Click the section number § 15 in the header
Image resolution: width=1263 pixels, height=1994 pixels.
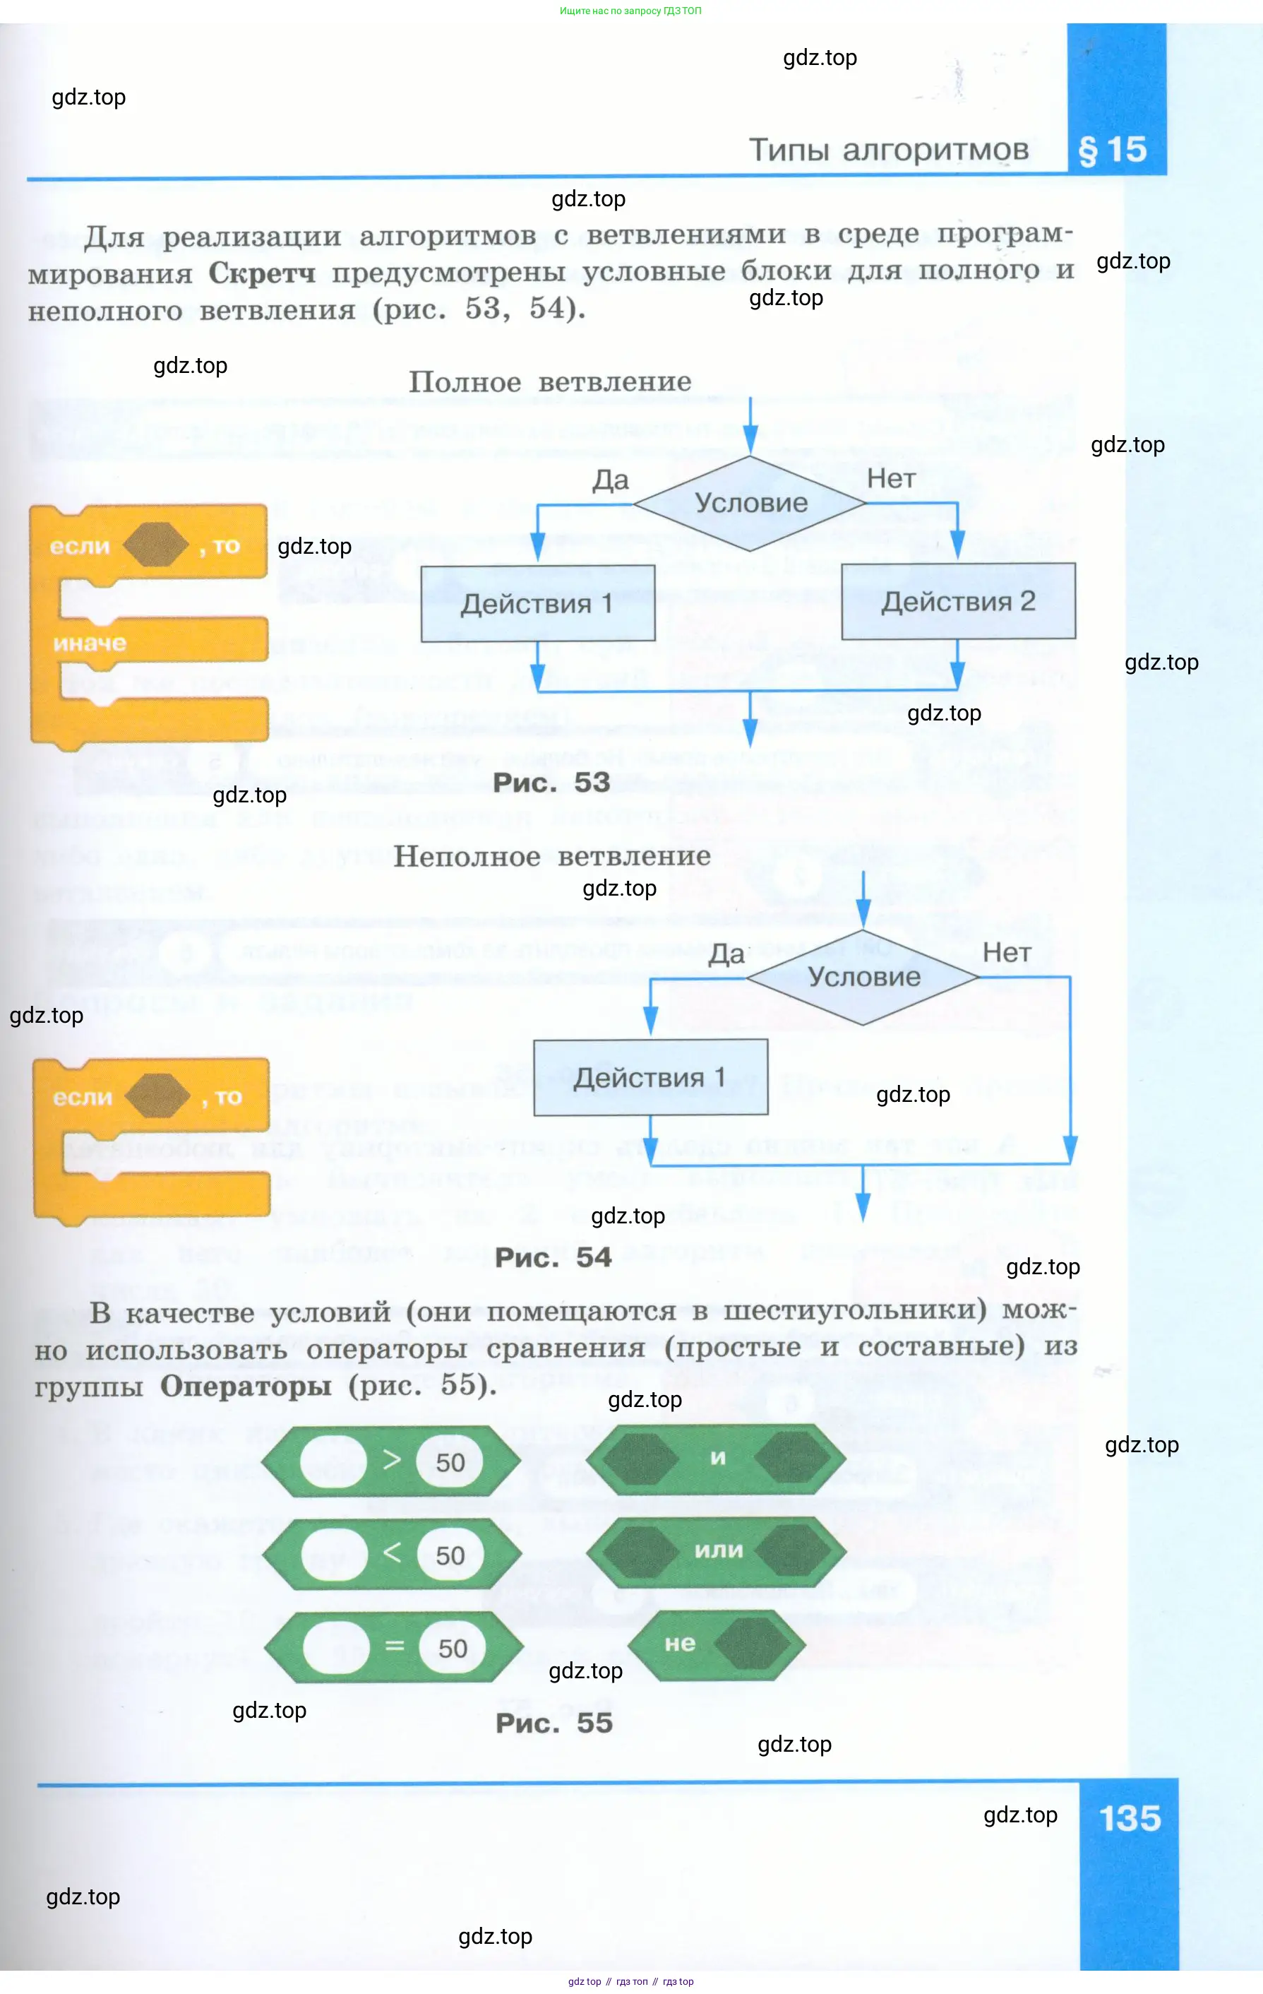pyautogui.click(x=1113, y=150)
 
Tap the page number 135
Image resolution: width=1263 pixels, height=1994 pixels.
pyautogui.click(x=1129, y=1817)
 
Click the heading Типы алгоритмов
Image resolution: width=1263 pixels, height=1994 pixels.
pyautogui.click(x=888, y=150)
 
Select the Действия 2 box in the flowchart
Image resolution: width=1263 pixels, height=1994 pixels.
pyautogui.click(x=957, y=601)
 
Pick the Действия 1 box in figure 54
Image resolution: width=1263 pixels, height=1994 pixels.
pyautogui.click(x=650, y=1077)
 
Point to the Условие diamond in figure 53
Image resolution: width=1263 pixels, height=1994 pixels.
pyautogui.click(x=750, y=503)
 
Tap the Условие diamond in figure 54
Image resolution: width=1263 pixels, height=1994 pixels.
pyautogui.click(x=863, y=976)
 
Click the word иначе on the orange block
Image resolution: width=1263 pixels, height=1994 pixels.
pyautogui.click(x=90, y=643)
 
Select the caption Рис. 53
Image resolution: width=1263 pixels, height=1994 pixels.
pyautogui.click(x=551, y=783)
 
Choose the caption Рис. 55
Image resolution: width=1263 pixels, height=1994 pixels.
pyautogui.click(x=553, y=1723)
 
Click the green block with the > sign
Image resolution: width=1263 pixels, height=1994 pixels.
pyautogui.click(x=390, y=1461)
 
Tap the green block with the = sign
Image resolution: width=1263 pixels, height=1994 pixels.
pyautogui.click(x=394, y=1648)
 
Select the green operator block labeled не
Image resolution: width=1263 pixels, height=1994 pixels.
pyautogui.click(x=717, y=1645)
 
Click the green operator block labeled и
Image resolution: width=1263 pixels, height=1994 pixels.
pyautogui.click(x=717, y=1458)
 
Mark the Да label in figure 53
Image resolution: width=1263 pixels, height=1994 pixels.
pyautogui.click(x=610, y=480)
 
